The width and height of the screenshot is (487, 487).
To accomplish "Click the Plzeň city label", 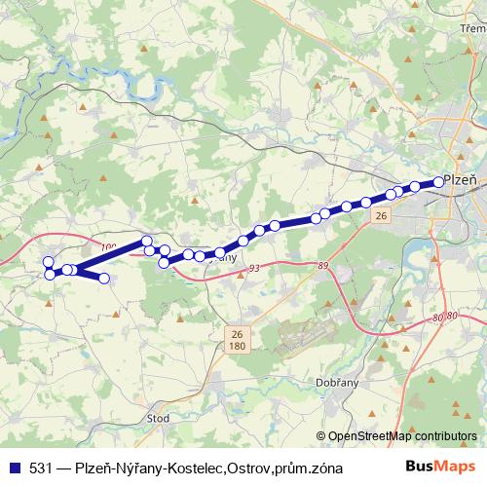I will click(460, 180).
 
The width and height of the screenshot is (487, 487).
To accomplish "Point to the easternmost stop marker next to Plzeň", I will click(437, 181).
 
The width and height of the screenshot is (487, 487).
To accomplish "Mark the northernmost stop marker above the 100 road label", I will click(147, 241).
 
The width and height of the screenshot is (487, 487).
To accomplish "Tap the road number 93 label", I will click(254, 268).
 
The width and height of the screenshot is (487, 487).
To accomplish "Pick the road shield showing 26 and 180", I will click(237, 339).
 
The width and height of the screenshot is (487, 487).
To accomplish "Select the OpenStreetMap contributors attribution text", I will click(402, 436).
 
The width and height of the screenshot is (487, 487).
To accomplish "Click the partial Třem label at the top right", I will click(470, 30).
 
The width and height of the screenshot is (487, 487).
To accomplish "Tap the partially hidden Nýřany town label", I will click(224, 258).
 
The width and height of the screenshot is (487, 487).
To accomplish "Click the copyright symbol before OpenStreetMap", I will click(321, 436).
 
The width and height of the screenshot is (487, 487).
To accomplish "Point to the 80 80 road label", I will click(444, 317).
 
